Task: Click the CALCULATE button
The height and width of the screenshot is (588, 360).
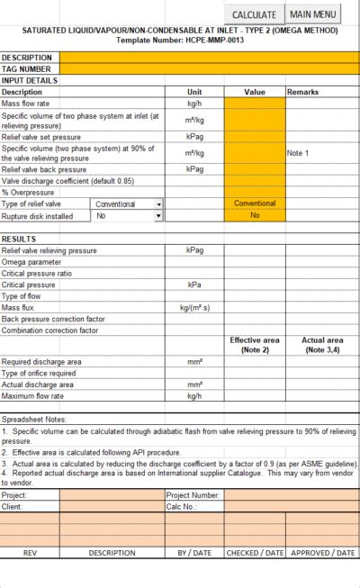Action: point(255,14)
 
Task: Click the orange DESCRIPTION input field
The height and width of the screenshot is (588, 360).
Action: point(209,58)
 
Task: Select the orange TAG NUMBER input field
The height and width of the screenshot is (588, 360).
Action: point(209,68)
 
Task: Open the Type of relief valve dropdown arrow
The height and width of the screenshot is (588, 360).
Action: point(159,204)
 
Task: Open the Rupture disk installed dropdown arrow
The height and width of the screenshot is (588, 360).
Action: point(159,216)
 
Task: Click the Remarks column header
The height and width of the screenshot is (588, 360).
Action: point(302,92)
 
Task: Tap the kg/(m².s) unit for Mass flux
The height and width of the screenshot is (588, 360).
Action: point(194,308)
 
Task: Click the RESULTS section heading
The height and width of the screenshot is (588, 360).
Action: point(19,239)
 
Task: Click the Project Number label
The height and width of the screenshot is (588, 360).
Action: point(193,495)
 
